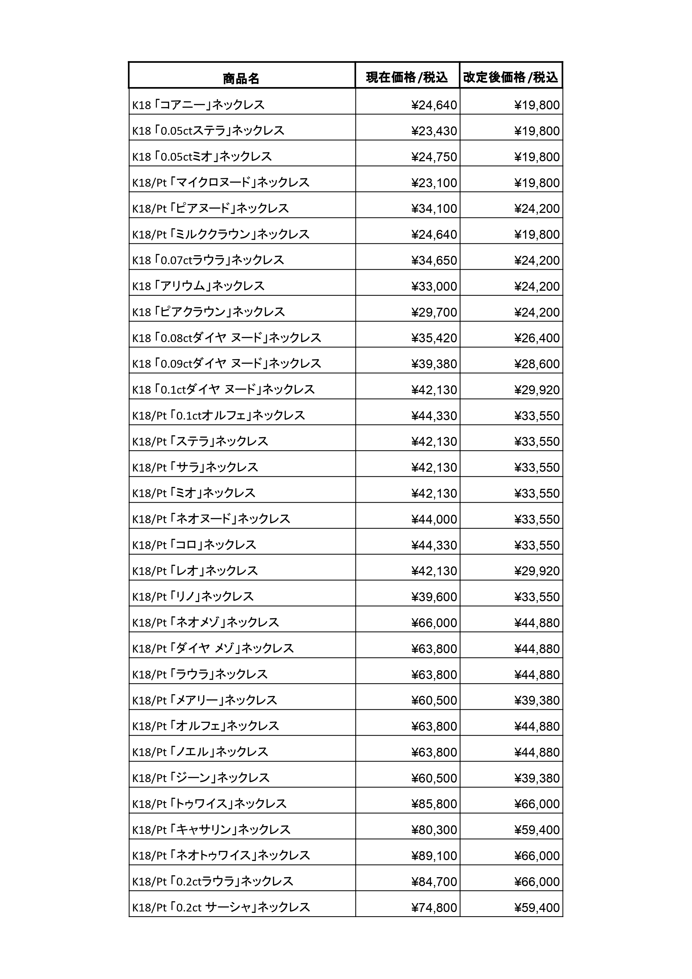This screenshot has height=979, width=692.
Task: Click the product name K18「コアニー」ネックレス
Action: tap(198, 105)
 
